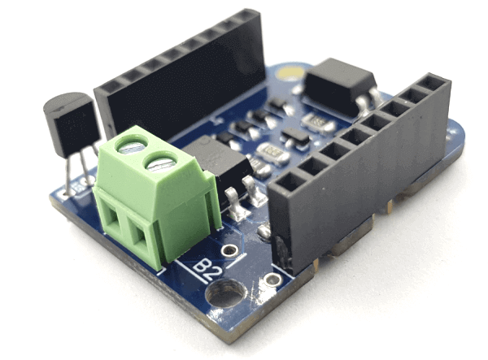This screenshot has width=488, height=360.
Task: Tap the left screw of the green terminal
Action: [x=131, y=147]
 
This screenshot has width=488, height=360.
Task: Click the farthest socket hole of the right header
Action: [x=432, y=82]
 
